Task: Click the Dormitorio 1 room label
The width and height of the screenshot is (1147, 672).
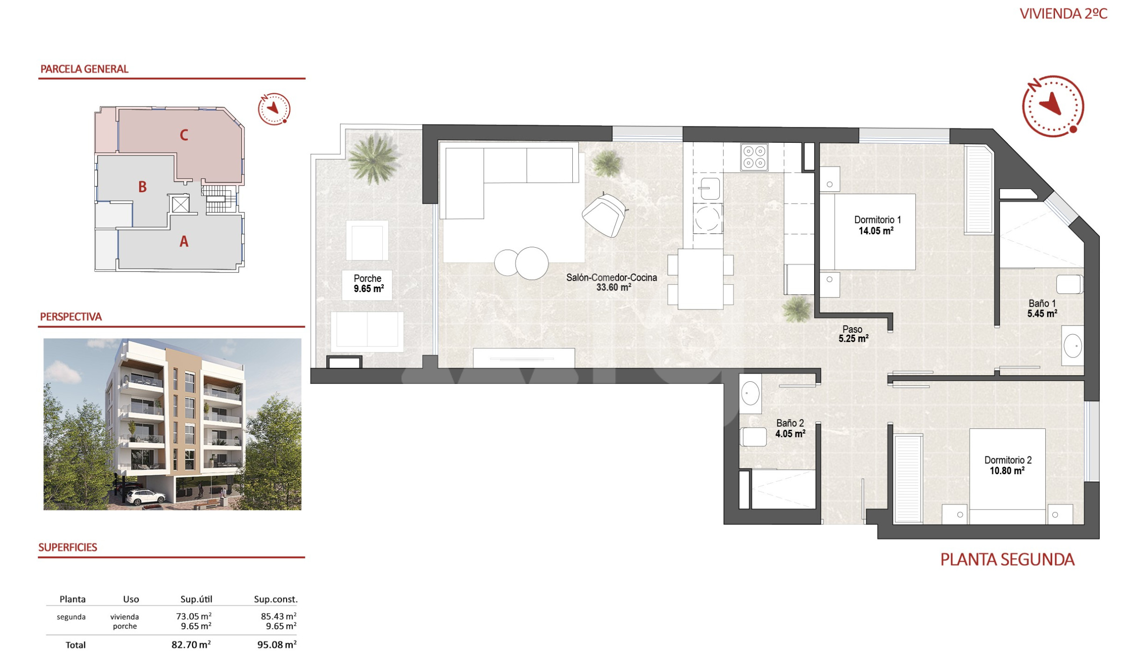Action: pos(877,225)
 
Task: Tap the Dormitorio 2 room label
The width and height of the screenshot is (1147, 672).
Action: pos(1008,465)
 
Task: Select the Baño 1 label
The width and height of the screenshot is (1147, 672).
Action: pos(1042,308)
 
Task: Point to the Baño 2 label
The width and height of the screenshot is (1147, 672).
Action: pos(790,428)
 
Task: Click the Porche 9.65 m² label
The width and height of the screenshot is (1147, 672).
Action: pos(368,283)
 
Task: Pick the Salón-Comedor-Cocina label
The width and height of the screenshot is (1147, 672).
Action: pos(612,282)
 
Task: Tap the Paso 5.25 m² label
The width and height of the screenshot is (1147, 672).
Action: pos(853,334)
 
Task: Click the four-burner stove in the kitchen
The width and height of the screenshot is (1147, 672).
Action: pos(754,157)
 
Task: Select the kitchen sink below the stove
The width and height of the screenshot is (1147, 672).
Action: pos(709,189)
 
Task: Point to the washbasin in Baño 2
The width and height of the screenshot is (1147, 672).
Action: pos(750,393)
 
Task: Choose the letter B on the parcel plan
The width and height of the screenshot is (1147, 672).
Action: pos(142,187)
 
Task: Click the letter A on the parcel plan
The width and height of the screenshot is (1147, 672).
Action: pos(184,242)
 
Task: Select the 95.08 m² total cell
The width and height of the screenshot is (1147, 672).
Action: pos(277,644)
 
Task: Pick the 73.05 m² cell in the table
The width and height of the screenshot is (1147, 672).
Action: pos(194,616)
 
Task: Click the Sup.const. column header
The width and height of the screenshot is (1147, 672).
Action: pos(275,599)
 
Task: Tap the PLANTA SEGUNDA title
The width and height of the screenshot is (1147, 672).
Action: pos(1007,560)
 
